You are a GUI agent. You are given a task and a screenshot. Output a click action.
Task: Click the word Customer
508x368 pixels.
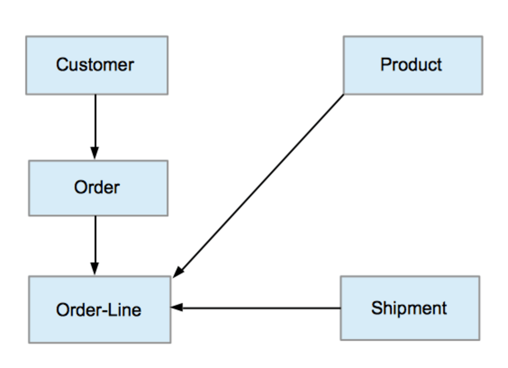95,65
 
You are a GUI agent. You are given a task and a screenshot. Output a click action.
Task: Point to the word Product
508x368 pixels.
411,64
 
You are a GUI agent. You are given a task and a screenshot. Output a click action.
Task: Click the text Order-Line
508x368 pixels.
98,309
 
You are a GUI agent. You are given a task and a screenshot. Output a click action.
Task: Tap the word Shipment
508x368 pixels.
409,308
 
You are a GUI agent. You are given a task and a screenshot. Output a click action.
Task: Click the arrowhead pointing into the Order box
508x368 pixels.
95,153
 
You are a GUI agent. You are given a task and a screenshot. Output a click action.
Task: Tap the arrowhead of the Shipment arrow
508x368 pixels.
177,308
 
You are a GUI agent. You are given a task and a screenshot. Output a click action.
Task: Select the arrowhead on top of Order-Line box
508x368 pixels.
95,269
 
